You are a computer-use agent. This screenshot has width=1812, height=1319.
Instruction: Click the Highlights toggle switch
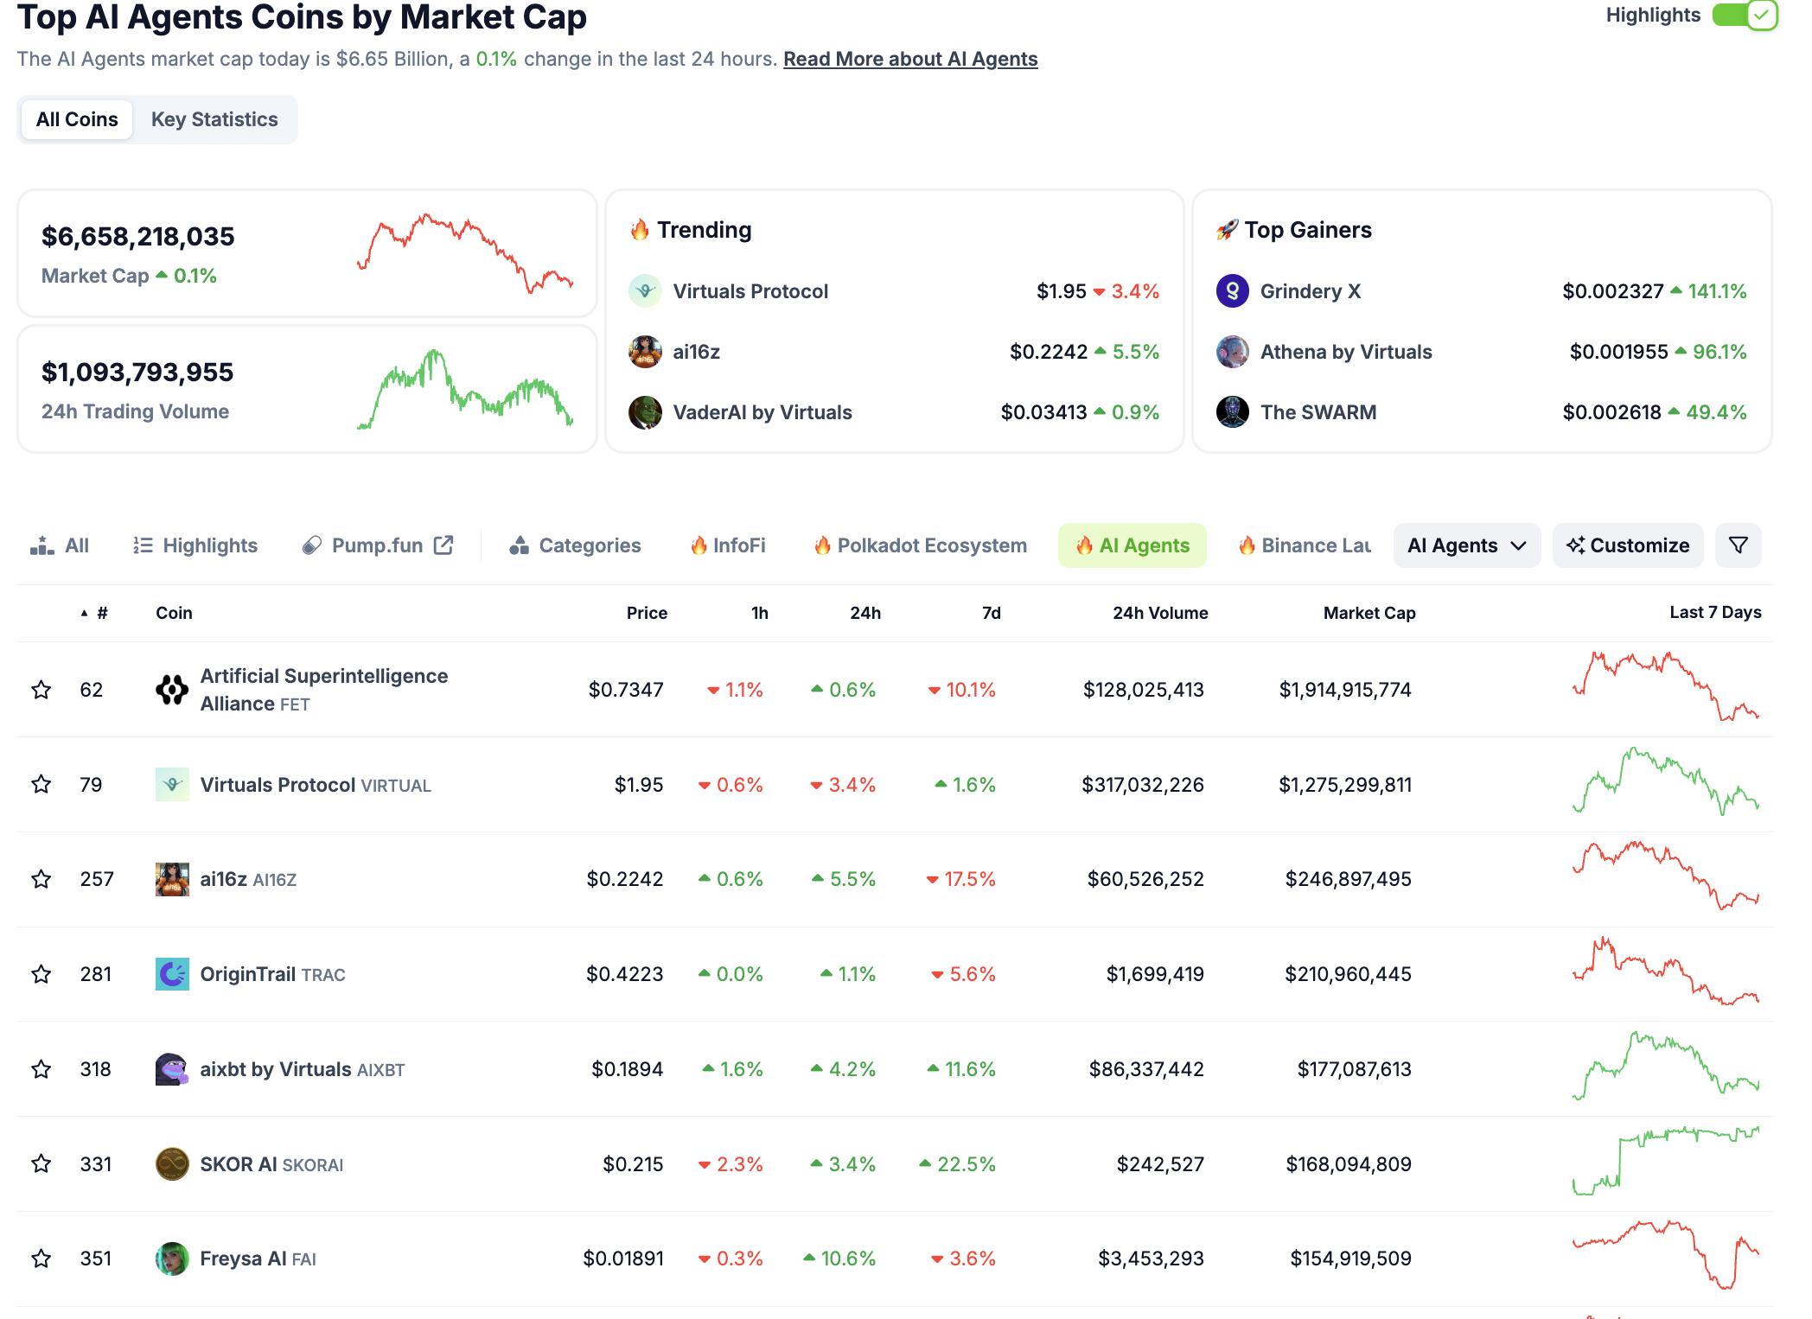[1744, 15]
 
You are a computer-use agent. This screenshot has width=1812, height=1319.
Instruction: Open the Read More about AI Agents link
[909, 59]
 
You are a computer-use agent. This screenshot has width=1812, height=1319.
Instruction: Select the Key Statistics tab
[214, 119]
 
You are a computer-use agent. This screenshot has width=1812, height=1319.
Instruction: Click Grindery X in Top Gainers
[1310, 291]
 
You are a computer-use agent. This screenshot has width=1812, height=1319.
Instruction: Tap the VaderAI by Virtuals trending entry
[762, 412]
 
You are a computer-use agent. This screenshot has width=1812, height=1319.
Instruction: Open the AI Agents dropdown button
[1466, 545]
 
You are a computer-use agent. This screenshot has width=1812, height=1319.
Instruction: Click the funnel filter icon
[1738, 545]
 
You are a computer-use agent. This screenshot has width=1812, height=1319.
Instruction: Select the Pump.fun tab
[378, 545]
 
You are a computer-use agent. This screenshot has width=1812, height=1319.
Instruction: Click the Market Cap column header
[1369, 613]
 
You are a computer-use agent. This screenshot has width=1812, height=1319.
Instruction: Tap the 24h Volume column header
[1159, 613]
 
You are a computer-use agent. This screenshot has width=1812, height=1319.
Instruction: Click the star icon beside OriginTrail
[41, 974]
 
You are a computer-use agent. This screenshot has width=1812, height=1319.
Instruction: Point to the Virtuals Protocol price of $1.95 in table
[638, 785]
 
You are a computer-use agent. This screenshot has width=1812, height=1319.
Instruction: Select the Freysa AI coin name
[243, 1258]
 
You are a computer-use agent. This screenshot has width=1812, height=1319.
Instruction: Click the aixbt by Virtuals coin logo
[172, 1069]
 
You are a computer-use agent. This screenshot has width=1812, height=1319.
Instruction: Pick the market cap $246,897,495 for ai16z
[1348, 879]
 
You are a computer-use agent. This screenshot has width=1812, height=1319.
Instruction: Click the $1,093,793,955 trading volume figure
[137, 373]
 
